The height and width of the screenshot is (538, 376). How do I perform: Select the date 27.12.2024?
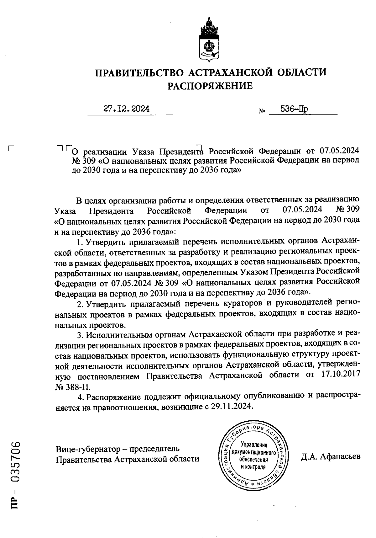(126, 109)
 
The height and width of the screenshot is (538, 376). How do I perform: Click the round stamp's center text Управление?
(253, 445)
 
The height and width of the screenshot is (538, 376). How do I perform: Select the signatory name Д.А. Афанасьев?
(331, 456)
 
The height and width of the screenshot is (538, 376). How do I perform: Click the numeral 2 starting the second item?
(80, 304)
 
